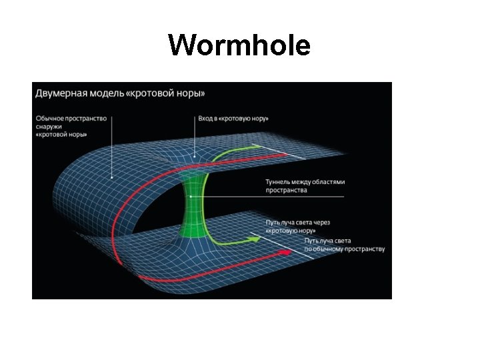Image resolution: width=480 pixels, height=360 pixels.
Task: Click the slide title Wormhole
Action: click(239, 46)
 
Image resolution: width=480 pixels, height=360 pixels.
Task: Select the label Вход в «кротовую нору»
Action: click(233, 119)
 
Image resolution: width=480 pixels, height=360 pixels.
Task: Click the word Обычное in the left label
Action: click(52, 119)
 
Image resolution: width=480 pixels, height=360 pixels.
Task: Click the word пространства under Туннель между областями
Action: click(286, 190)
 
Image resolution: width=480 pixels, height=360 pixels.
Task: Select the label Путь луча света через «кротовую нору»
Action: click(297, 226)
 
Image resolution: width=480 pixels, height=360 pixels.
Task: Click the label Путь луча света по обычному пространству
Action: click(344, 245)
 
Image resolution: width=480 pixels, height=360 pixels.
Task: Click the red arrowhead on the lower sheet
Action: click(285, 253)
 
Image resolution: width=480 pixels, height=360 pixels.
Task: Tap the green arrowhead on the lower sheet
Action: click(253, 237)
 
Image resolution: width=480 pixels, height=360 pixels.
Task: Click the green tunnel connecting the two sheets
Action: click(194, 200)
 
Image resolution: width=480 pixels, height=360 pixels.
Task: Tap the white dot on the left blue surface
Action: click(113, 177)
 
